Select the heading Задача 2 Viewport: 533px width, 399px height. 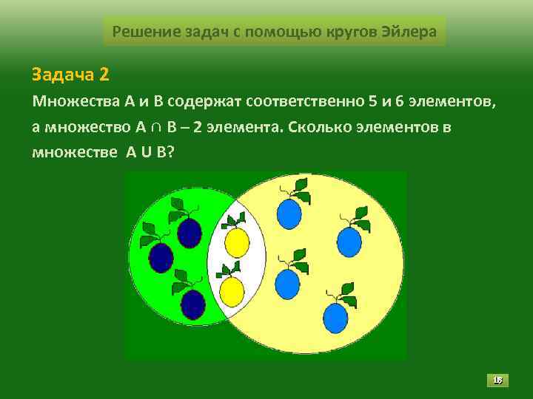(70, 74)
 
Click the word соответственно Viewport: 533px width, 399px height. (302, 100)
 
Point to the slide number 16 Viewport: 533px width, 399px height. (498, 381)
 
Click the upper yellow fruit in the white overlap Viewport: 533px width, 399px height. (236, 241)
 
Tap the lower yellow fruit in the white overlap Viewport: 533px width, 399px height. (232, 291)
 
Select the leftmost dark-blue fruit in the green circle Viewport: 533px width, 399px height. (161, 257)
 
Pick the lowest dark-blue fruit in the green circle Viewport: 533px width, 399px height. (192, 304)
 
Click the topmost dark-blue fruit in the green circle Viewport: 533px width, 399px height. (190, 232)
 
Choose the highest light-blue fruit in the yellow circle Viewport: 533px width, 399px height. (289, 214)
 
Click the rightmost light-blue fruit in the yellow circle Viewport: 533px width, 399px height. (349, 242)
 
